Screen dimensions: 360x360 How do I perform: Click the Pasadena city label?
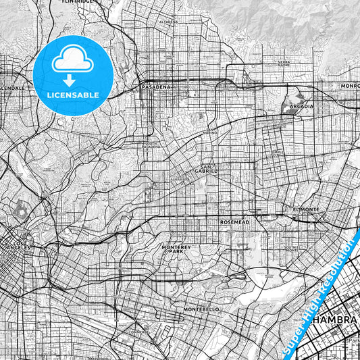[156, 87]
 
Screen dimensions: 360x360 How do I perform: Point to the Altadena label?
[168, 21]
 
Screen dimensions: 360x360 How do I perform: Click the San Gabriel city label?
[207, 169]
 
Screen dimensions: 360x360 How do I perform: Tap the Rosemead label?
[235, 222]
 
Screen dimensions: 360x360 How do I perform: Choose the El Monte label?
[305, 209]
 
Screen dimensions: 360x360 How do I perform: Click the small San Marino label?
[210, 132]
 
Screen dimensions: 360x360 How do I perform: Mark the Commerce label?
[140, 332]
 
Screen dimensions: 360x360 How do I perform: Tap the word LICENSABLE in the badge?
[72, 95]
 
